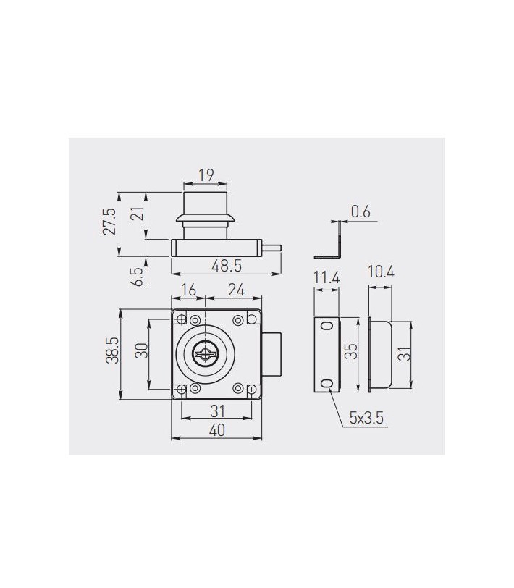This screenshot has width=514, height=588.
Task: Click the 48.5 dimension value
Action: tap(227, 266)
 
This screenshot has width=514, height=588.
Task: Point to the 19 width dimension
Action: tap(206, 175)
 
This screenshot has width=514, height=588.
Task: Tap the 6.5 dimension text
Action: tap(139, 277)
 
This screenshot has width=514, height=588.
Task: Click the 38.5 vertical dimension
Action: tap(112, 350)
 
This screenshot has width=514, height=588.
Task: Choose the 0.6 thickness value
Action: tap(361, 212)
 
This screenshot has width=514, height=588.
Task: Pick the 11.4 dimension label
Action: tap(326, 278)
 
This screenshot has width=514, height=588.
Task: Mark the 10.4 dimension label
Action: tap(381, 272)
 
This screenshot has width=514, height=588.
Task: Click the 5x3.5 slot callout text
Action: tap(366, 418)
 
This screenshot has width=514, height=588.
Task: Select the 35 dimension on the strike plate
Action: tap(352, 352)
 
